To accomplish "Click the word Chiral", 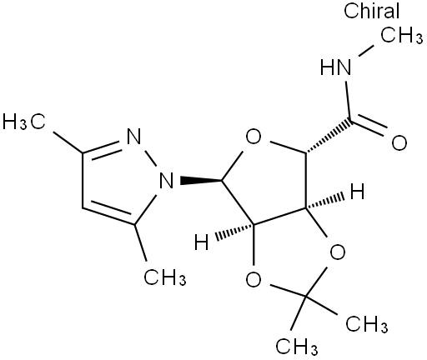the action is pyautogui.click(x=371, y=12).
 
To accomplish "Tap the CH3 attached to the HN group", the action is pyautogui.click(x=402, y=36).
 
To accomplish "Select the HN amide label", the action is pyautogui.click(x=335, y=67).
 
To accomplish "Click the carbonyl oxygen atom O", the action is pyautogui.click(x=399, y=142).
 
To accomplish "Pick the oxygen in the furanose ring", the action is pyautogui.click(x=254, y=137).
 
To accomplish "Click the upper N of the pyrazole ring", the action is pyautogui.click(x=133, y=136).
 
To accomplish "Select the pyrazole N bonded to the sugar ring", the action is pyautogui.click(x=166, y=180).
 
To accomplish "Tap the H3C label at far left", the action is pyautogui.click(x=24, y=122).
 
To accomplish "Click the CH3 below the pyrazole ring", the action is pyautogui.click(x=165, y=277).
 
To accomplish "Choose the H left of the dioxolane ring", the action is pyautogui.click(x=201, y=242).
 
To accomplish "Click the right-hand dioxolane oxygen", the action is pyautogui.click(x=338, y=252).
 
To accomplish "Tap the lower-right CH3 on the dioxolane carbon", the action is pyautogui.click(x=367, y=324).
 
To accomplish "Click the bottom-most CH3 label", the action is pyautogui.click(x=297, y=347).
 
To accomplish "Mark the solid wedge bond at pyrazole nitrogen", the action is pyautogui.click(x=201, y=180).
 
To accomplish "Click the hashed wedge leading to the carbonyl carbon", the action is pyautogui.click(x=329, y=137).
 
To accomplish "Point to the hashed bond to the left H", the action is pyautogui.click(x=234, y=231).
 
